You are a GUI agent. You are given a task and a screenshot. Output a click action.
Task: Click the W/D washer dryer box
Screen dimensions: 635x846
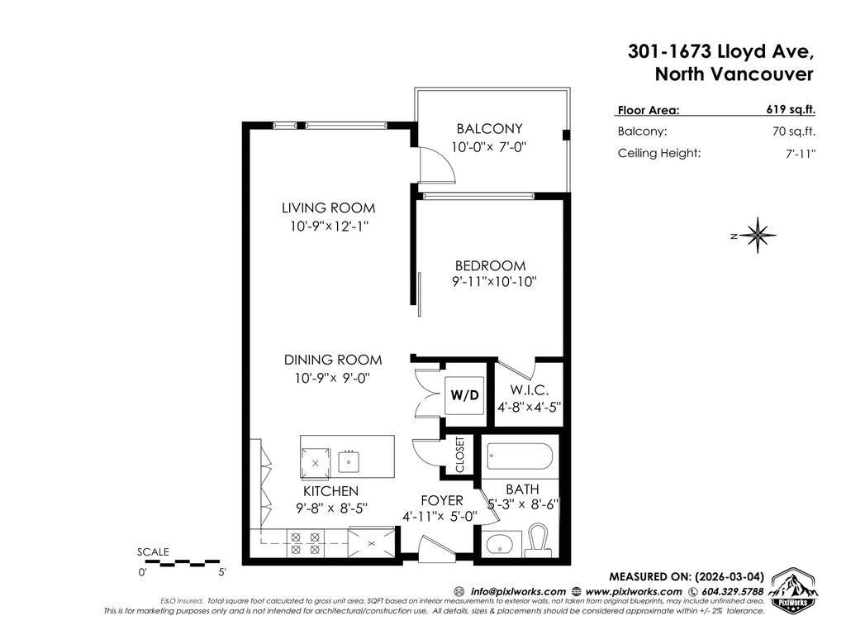464,395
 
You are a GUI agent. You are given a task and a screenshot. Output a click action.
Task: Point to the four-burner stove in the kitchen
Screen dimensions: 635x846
303,542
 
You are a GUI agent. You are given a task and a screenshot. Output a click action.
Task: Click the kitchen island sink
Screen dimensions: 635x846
349,460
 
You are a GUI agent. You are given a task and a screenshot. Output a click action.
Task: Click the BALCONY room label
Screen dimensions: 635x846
489,129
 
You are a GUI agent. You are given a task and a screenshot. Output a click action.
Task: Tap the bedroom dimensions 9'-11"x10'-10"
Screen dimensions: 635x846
494,282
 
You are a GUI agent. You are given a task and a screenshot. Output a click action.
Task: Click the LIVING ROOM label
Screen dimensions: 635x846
328,208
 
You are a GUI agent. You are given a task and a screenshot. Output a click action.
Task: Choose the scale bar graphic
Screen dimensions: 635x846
182,564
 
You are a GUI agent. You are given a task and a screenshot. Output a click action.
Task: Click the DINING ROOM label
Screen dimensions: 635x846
333,360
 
